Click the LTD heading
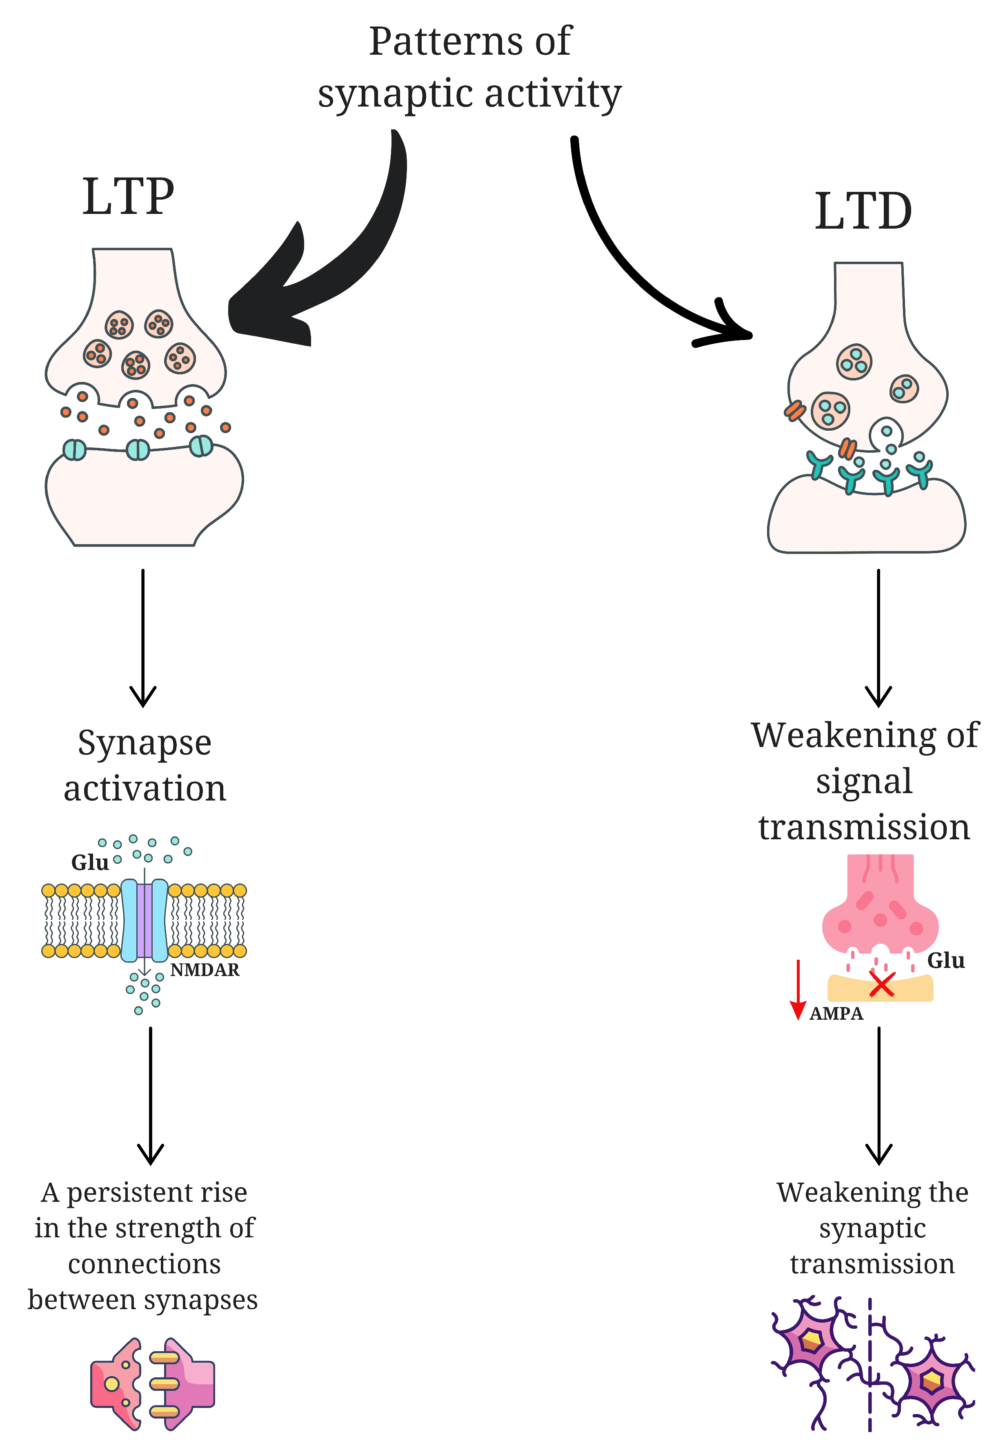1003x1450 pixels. point(863,211)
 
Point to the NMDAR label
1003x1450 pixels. point(205,970)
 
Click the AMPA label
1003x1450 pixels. point(836,1013)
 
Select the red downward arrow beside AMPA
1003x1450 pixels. point(798,990)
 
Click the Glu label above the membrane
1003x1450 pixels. point(90,863)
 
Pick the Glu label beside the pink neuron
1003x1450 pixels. point(946,961)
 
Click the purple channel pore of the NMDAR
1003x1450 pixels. point(145,921)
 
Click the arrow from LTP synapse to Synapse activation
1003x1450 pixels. point(143,638)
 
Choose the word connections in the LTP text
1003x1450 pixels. point(145,1264)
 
